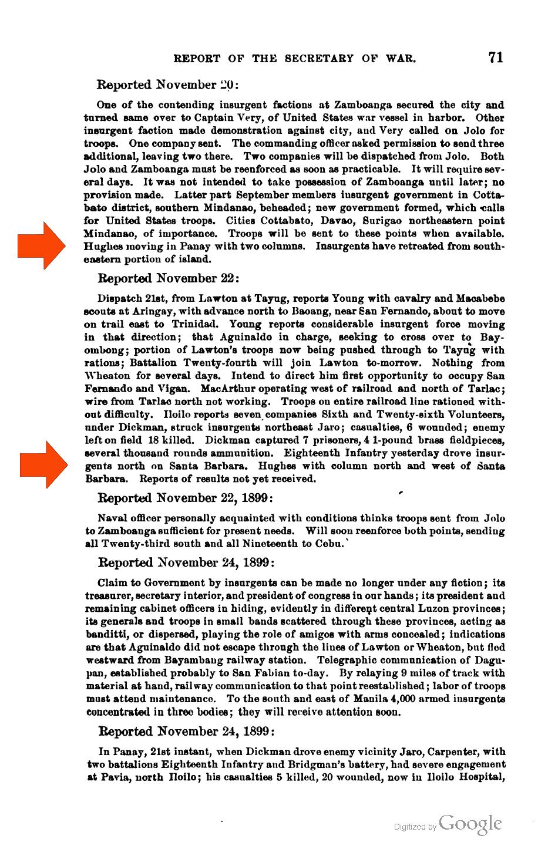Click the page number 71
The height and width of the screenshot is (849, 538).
(495, 57)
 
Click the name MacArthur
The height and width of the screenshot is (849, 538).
(227, 389)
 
